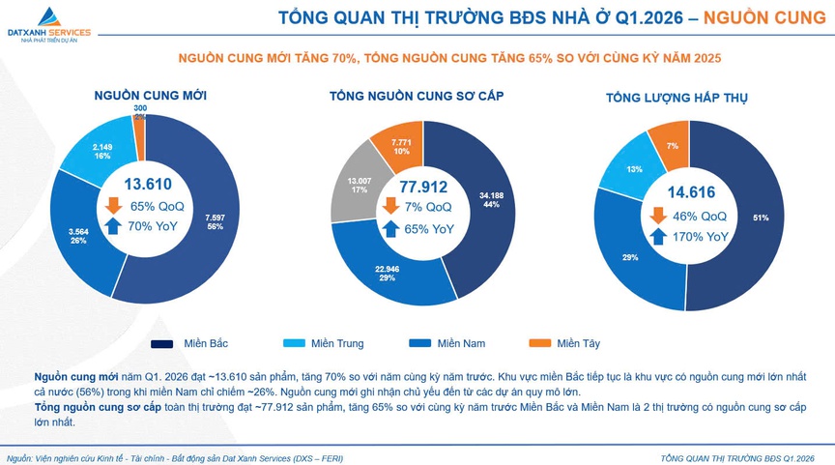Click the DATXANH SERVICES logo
point(48,21)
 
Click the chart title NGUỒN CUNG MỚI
point(151,96)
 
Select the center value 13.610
point(148,185)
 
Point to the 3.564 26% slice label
point(77,235)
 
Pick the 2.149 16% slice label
point(102,151)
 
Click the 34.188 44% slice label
point(491,200)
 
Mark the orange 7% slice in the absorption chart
point(671,145)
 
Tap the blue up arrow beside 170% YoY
point(657,236)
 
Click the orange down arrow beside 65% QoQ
point(113,206)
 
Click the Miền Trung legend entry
point(324,343)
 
